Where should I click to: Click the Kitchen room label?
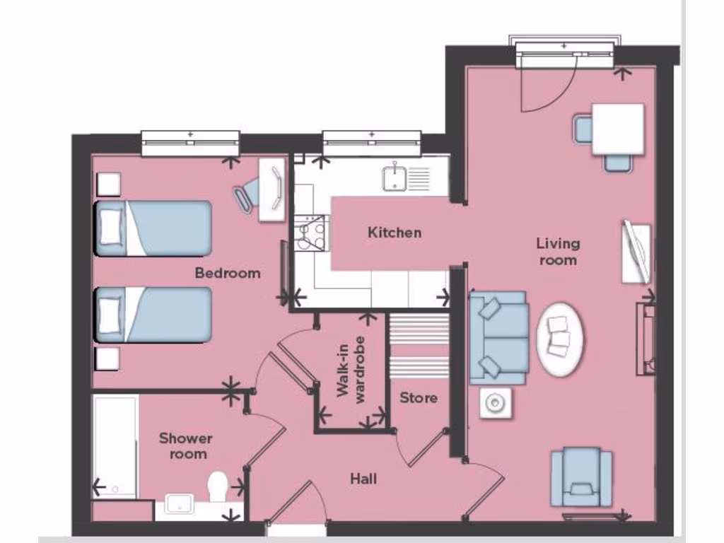(x=395, y=233)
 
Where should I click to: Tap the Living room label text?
(x=558, y=252)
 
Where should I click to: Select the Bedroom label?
(x=228, y=273)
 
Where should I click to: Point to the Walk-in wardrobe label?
(x=351, y=370)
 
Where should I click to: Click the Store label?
(x=419, y=398)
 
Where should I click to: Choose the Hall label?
(x=363, y=479)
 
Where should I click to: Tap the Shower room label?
(x=185, y=446)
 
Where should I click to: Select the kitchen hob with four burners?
(x=310, y=233)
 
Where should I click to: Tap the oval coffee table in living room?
(x=561, y=338)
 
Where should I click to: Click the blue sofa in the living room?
(x=499, y=337)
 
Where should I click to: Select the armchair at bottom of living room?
(x=581, y=477)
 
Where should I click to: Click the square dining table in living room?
(x=617, y=129)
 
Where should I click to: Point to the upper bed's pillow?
(x=110, y=226)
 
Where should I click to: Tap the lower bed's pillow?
(x=110, y=313)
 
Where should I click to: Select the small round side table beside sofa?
(x=494, y=404)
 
